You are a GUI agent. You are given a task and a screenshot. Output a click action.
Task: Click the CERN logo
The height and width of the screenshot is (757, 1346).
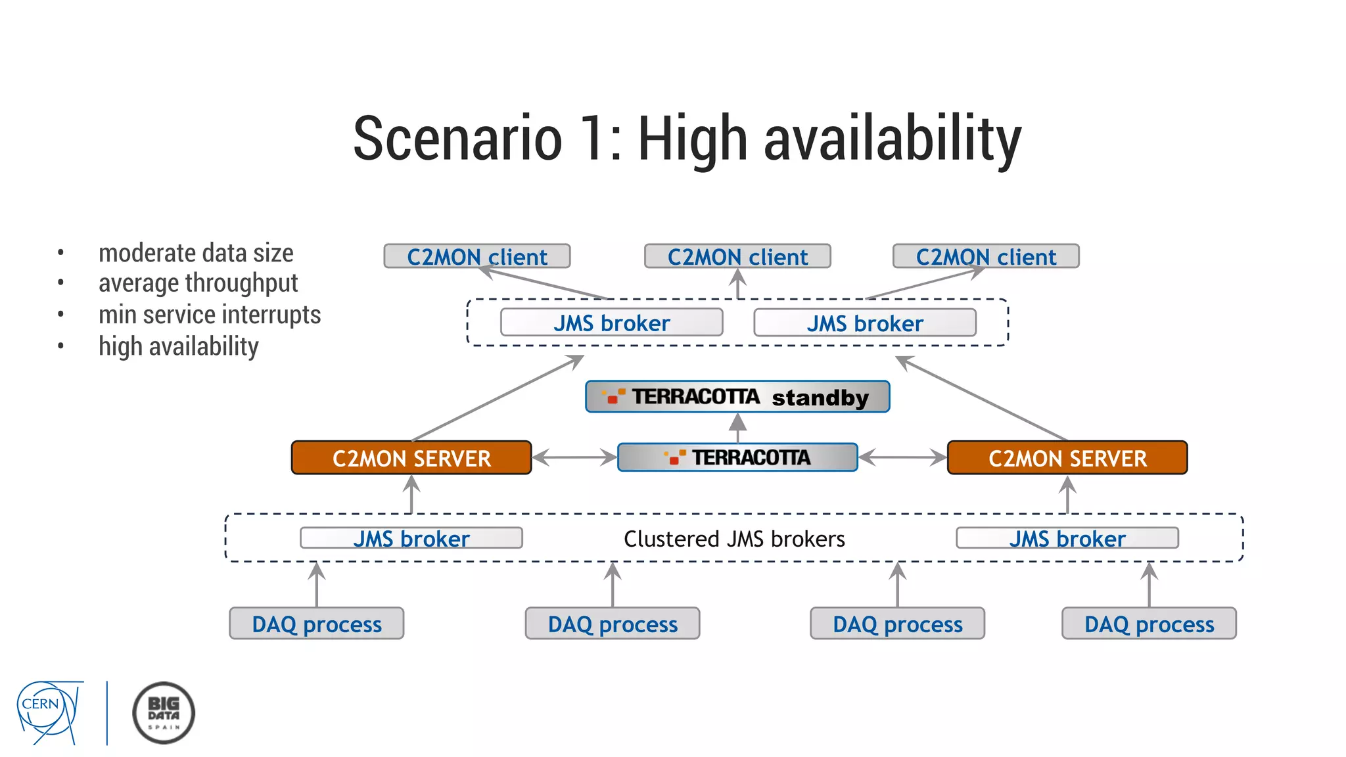[49, 712]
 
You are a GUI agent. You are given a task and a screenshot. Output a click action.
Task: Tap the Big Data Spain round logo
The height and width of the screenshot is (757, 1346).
[164, 713]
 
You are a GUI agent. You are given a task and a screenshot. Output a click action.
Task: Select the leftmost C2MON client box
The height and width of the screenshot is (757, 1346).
[476, 256]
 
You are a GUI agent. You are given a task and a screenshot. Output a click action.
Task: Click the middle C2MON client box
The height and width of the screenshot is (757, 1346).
[737, 256]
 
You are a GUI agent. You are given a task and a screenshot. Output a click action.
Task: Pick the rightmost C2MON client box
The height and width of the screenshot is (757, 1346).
[986, 256]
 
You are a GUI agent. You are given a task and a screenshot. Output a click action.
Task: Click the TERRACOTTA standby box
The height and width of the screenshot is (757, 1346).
[737, 397]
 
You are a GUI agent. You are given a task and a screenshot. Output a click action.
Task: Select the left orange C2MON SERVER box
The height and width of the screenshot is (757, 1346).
[411, 458]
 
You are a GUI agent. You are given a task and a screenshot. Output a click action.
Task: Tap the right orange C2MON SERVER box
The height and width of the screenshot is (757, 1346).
[1067, 458]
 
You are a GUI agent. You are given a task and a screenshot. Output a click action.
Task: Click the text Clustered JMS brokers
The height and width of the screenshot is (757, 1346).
[734, 539]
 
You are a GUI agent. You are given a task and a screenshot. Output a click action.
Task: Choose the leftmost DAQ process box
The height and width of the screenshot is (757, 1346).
[317, 624]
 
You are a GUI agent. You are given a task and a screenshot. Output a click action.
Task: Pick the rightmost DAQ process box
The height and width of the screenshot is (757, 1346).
[1149, 624]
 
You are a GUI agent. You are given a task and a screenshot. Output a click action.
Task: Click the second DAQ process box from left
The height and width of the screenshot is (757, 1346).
[613, 624]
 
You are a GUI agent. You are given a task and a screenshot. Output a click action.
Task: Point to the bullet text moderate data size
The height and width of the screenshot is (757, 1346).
[196, 253]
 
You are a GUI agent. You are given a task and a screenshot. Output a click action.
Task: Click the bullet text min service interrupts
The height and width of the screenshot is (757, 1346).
[210, 315]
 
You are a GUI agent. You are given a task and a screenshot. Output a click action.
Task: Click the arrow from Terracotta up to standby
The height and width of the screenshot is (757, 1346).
[738, 428]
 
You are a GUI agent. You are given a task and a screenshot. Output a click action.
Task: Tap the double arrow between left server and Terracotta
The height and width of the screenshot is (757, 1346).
[574, 457]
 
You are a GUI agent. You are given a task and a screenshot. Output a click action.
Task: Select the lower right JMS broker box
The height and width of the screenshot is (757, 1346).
[1067, 538]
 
